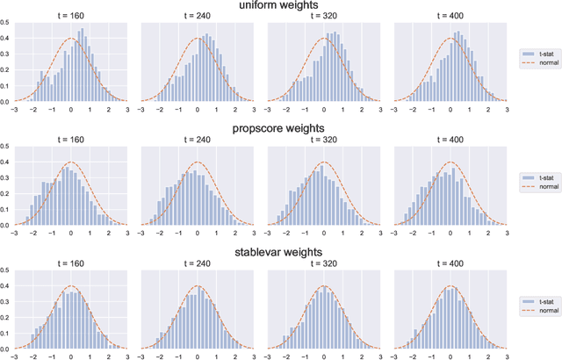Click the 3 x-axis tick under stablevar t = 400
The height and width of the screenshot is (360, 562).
click(507, 356)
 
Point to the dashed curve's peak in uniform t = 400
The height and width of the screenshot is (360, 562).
click(450, 38)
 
